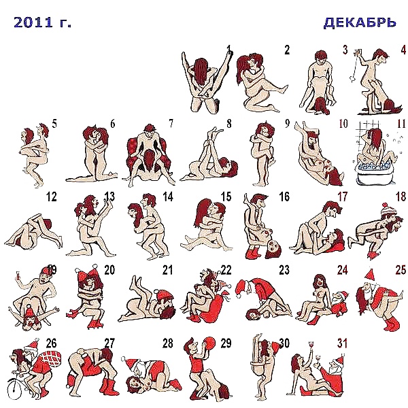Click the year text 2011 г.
(42, 22)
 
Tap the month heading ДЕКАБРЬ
(360, 23)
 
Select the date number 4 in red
(403, 50)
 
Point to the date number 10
(343, 123)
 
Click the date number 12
(51, 197)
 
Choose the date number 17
(343, 197)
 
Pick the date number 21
(167, 270)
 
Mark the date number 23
(284, 270)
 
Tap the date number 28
(167, 343)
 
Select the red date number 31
(343, 343)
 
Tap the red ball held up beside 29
(209, 343)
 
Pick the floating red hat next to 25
(369, 275)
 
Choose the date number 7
(171, 123)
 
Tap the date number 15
(226, 197)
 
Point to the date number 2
(287, 50)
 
